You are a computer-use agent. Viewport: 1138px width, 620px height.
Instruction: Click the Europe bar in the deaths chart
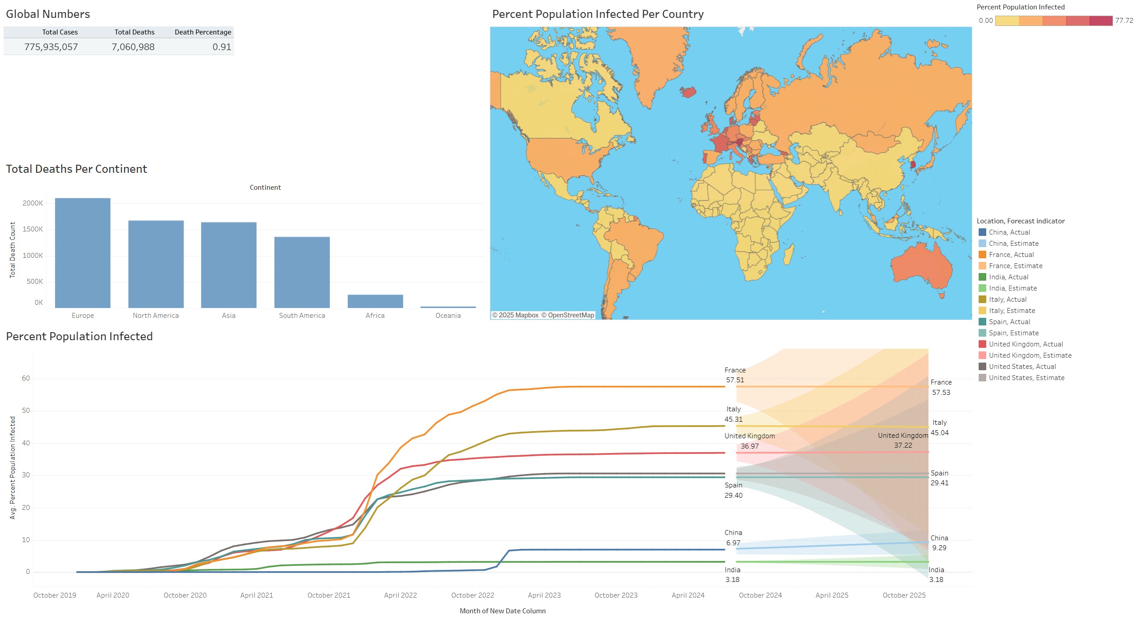pos(82,253)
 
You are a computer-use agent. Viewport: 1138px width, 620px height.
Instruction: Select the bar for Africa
pos(375,301)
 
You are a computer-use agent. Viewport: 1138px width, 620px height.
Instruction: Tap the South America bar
pos(302,272)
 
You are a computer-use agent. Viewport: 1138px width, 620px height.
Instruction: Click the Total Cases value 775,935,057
pos(51,47)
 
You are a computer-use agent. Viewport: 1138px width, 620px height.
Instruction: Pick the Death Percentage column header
pos(203,32)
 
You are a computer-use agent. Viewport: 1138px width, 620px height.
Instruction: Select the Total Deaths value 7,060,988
pos(133,47)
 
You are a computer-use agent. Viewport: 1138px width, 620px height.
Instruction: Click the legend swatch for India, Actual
pos(982,277)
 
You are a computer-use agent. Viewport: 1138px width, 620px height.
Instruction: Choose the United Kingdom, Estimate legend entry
pos(1030,355)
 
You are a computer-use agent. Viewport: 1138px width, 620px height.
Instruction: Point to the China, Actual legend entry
pos(1009,232)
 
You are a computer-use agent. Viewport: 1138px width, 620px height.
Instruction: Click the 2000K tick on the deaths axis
pos(33,203)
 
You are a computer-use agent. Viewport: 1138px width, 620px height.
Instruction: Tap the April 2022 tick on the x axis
pos(400,595)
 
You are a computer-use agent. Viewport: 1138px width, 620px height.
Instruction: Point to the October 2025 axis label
pos(904,595)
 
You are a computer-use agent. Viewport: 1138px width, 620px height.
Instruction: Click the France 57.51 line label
pos(735,375)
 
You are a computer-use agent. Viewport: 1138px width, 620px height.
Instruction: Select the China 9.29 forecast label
pos(939,543)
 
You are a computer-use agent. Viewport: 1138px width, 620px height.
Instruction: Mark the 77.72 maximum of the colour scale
pos(1124,21)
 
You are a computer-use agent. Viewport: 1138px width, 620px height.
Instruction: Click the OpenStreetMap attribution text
pos(568,315)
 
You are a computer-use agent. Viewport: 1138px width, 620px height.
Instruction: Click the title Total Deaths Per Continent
pos(77,169)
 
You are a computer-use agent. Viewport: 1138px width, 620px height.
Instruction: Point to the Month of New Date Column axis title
pos(502,611)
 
